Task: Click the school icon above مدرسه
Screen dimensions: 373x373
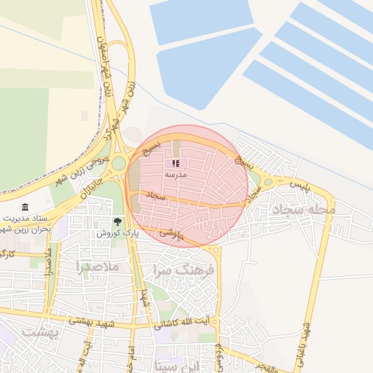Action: tap(175, 164)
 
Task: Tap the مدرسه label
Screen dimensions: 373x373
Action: tap(176, 175)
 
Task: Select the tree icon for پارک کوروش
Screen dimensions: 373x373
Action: tap(117, 221)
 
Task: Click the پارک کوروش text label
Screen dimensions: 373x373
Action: tap(117, 233)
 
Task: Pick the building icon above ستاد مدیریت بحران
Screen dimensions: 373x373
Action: tap(26, 208)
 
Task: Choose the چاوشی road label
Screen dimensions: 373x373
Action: tap(168, 234)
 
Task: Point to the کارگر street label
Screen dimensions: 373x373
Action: tap(7, 254)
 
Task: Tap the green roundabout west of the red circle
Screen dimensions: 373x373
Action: tap(118, 164)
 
